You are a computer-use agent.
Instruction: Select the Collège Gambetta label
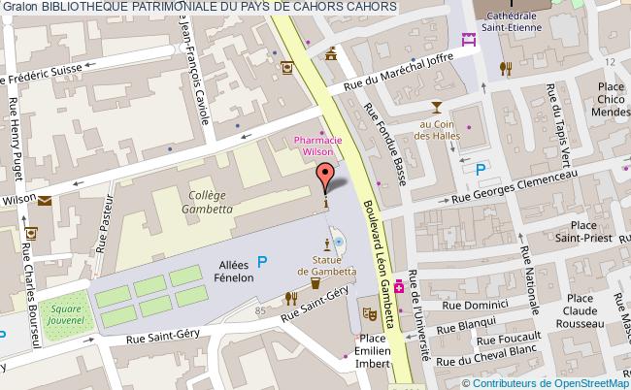(x=206, y=201)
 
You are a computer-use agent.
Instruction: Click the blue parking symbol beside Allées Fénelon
(x=261, y=259)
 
